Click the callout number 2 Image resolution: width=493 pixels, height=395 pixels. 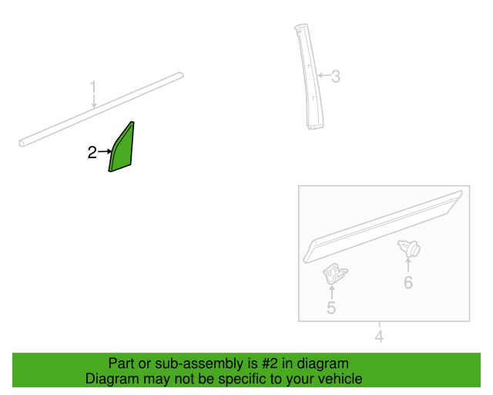tap(92, 153)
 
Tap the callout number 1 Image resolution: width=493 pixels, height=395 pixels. tap(93, 87)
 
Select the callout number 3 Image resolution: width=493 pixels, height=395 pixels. tap(336, 76)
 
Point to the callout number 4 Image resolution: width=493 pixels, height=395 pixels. tap(379, 336)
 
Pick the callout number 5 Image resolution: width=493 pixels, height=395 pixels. tap(331, 307)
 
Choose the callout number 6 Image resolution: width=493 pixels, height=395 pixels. tap(408, 282)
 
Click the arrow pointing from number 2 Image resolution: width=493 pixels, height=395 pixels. tap(105, 152)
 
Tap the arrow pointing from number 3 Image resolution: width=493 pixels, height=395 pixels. tap(324, 76)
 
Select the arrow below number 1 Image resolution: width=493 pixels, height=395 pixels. tap(94, 101)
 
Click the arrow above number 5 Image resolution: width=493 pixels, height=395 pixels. tap(332, 292)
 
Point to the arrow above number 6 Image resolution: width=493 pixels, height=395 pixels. tap(408, 265)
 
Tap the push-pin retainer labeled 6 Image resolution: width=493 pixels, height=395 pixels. tap(409, 248)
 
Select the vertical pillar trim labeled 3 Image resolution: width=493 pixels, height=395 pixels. tap(310, 76)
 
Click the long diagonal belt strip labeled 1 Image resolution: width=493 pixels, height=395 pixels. tap(101, 110)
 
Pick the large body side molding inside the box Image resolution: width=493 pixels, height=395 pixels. tap(382, 226)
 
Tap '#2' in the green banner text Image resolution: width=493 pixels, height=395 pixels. tap(270, 363)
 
